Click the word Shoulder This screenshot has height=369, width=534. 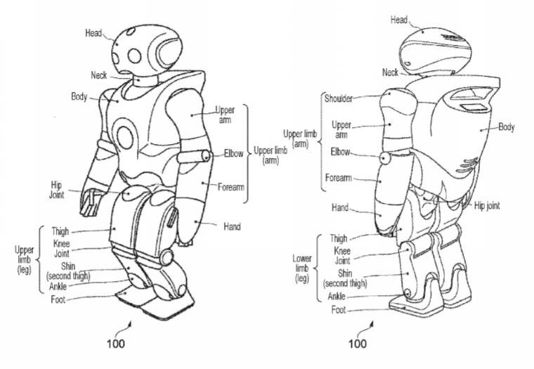click(338, 98)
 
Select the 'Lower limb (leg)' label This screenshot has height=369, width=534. click(301, 268)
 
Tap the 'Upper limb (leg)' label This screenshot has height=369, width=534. click(24, 259)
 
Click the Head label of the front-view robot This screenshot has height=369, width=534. click(93, 33)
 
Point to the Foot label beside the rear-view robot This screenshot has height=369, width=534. click(338, 310)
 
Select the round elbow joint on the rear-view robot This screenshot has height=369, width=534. click(385, 158)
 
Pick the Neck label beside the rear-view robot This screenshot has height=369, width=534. click(390, 72)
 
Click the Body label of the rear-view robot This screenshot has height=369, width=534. click(506, 127)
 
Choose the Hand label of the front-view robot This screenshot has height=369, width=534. click(232, 226)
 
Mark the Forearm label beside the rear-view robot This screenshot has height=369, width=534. click(338, 178)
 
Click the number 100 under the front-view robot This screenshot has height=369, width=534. click(116, 344)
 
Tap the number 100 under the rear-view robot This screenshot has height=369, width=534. click(357, 344)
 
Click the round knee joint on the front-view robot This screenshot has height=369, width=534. click(167, 257)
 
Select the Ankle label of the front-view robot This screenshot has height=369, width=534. click(58, 286)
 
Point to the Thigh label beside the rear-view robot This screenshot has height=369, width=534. click(338, 238)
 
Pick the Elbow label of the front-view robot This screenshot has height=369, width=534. click(233, 153)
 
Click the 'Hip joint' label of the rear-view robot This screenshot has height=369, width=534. click(487, 206)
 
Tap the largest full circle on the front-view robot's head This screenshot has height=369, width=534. click(134, 56)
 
